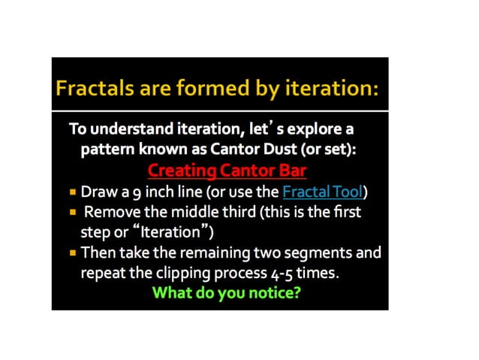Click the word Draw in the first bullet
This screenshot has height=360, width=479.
tap(96, 192)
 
